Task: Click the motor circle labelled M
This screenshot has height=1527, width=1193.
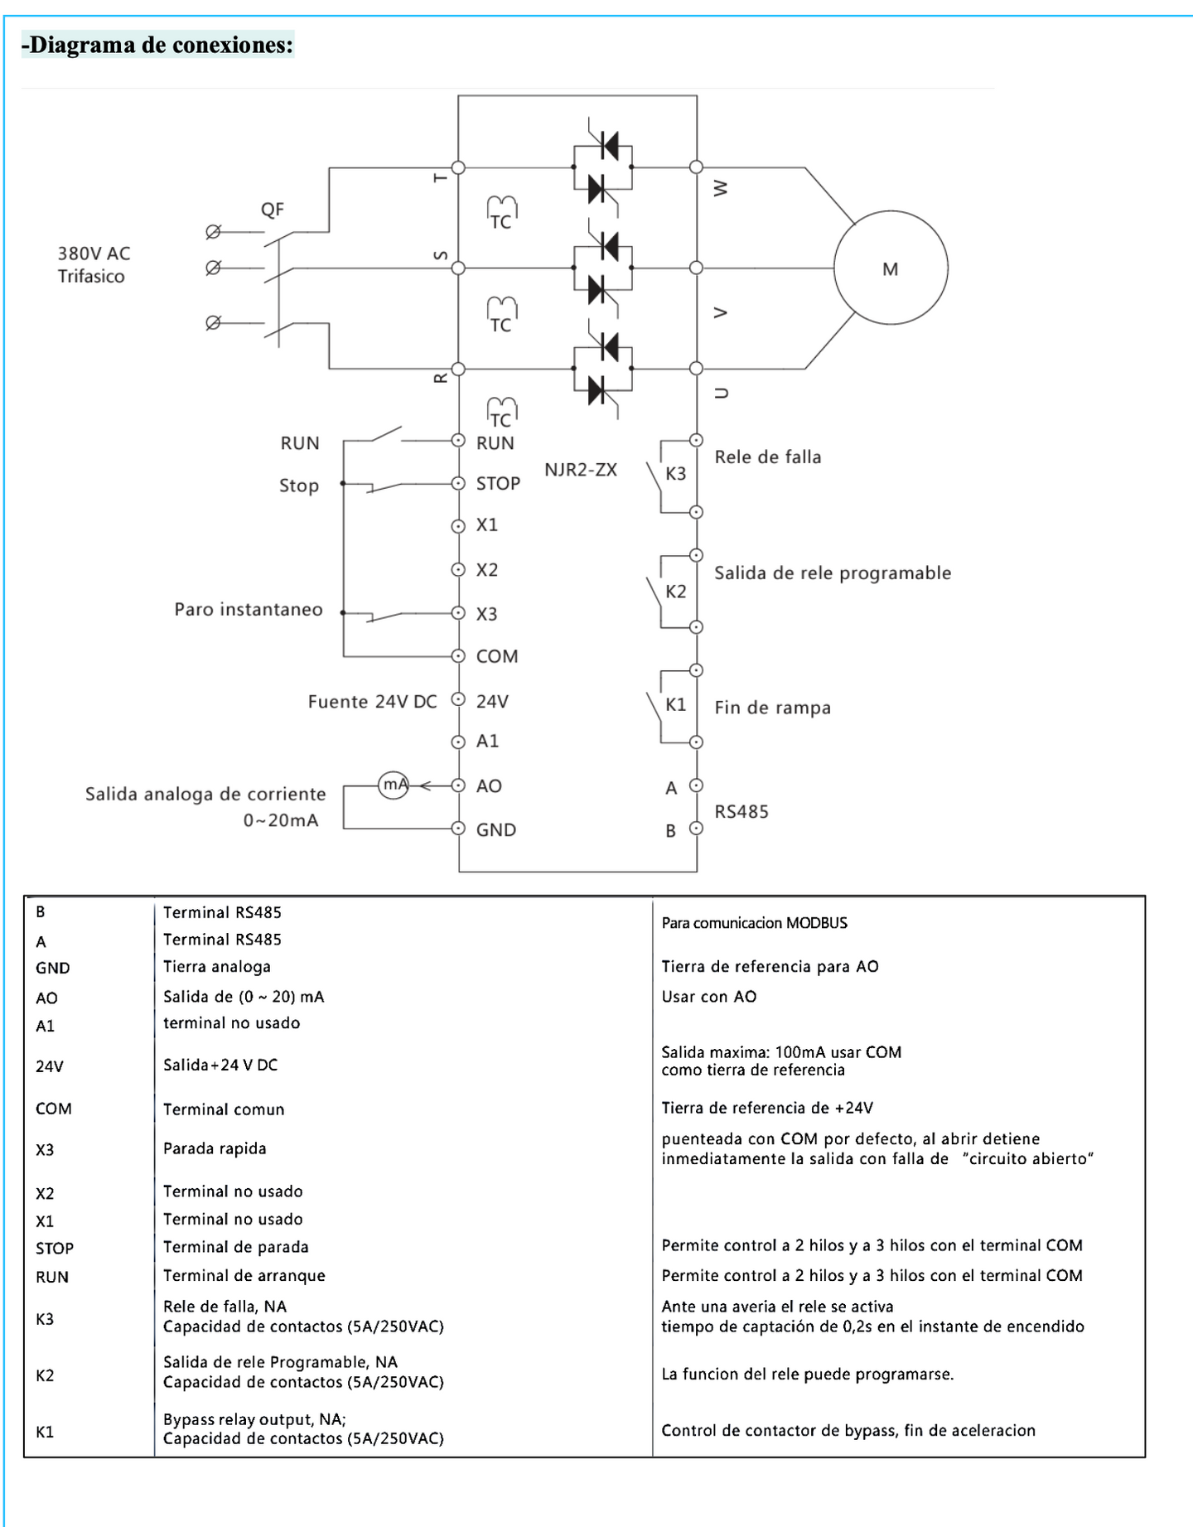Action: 890,268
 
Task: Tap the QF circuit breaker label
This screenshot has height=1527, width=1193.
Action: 273,210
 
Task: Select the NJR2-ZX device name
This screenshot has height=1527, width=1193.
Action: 580,470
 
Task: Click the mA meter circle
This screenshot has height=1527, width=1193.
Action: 394,784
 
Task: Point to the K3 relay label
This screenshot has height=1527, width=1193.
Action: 676,474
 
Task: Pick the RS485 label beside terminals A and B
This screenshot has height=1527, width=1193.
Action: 741,812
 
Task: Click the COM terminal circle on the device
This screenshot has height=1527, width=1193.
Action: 458,656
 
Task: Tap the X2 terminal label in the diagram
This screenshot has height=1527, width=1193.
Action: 487,570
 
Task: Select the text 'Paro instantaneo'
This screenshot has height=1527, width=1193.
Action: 249,610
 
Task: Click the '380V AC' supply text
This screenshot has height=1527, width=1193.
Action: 94,254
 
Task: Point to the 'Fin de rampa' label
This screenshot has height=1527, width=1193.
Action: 772,708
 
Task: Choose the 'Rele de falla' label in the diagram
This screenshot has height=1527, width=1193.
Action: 768,457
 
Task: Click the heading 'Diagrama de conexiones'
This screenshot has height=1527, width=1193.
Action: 157,45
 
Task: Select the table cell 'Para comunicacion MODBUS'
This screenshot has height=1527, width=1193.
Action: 754,923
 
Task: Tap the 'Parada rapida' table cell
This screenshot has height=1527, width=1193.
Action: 215,1148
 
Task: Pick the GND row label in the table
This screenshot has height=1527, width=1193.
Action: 53,968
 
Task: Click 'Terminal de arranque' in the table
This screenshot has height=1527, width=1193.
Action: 244,1275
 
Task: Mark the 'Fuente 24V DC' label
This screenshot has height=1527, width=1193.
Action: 372,702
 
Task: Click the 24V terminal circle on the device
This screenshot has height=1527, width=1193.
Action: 458,699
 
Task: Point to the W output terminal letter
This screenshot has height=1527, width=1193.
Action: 721,189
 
